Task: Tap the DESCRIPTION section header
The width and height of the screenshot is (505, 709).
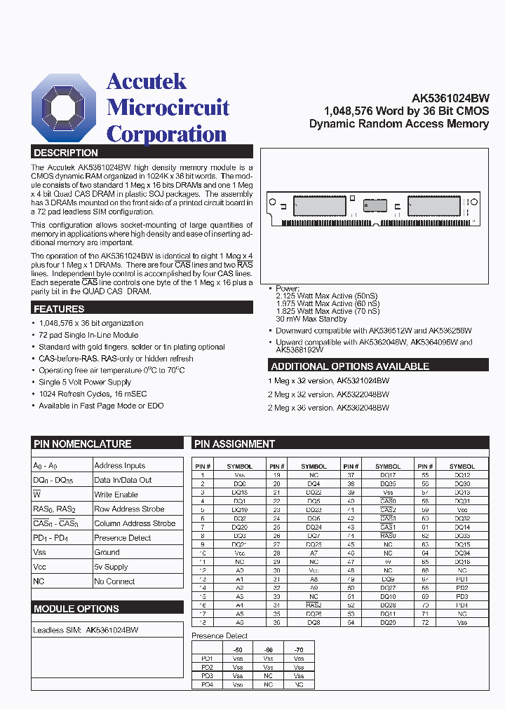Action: (66, 153)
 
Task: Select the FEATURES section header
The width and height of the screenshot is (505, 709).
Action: (59, 309)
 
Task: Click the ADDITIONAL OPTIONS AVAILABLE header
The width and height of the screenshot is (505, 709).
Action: (350, 366)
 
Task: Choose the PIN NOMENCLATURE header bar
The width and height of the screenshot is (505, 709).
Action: (82, 443)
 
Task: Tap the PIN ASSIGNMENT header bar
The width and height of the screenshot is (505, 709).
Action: (234, 443)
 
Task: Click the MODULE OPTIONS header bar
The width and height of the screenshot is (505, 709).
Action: (76, 609)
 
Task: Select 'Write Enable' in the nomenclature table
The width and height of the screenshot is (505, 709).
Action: (116, 495)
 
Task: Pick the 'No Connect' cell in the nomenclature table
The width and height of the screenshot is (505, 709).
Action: (114, 581)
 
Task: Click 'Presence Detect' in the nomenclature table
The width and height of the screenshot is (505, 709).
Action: (123, 538)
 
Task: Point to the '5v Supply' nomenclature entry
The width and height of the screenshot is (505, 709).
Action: (112, 567)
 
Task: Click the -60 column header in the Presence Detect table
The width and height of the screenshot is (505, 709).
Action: (268, 649)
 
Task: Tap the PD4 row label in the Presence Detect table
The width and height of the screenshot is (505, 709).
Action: (206, 684)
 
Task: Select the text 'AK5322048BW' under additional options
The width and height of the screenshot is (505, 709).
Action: (363, 394)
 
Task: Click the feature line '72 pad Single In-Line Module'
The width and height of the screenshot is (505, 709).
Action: (88, 335)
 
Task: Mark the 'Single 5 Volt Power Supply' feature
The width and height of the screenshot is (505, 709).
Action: (85, 383)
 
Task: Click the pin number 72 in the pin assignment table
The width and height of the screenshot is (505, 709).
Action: (424, 622)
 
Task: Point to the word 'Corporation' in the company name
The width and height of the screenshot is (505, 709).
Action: (166, 134)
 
